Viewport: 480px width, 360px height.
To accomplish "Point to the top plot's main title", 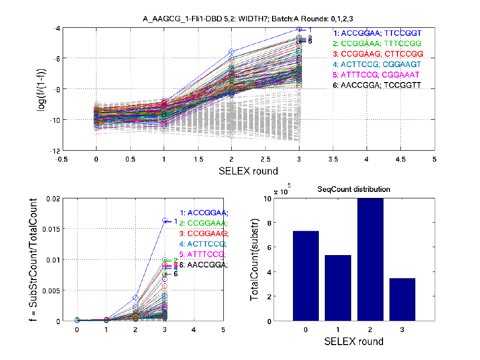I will pos(248,19).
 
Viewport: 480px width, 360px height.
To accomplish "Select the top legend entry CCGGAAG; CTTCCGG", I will pos(378,53).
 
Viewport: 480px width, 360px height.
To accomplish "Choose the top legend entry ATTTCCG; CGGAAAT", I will pos(378,74).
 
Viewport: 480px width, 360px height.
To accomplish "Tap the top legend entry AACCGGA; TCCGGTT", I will pos(378,85).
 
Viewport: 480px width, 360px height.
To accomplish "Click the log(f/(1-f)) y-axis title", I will pos(46,90).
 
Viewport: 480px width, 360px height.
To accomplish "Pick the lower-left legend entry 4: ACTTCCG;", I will pos(203,244).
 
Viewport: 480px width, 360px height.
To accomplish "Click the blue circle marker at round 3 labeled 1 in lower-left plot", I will pos(165,220).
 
